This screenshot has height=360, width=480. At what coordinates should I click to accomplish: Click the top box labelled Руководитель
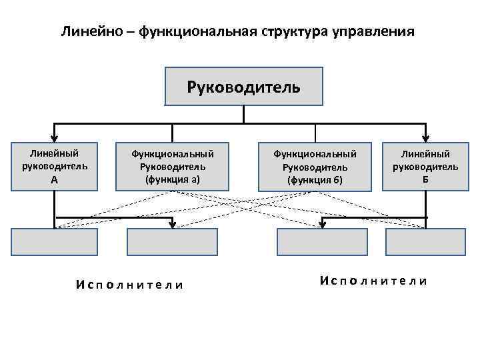tap(243, 87)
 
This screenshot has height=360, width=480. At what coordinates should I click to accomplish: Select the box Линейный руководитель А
tap(54, 166)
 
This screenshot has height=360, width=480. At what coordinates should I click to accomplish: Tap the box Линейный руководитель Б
tap(425, 166)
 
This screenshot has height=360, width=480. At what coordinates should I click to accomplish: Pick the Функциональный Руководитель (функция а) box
tap(172, 166)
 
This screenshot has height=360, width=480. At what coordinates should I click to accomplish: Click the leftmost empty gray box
tap(55, 242)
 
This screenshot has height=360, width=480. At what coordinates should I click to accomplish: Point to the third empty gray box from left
tap(322, 242)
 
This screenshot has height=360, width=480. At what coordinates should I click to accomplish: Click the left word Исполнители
tap(129, 285)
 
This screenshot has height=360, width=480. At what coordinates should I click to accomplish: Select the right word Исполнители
tap(373, 281)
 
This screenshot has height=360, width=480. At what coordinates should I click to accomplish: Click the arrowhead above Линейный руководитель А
tap(54, 137)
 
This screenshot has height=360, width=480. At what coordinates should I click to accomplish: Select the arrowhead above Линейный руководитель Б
tap(425, 137)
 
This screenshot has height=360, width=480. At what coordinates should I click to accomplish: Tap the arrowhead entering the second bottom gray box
tap(173, 225)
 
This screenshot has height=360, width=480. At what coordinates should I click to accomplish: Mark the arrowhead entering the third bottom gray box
tap(322, 225)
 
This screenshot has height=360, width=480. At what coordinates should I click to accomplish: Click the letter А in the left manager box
tap(54, 179)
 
